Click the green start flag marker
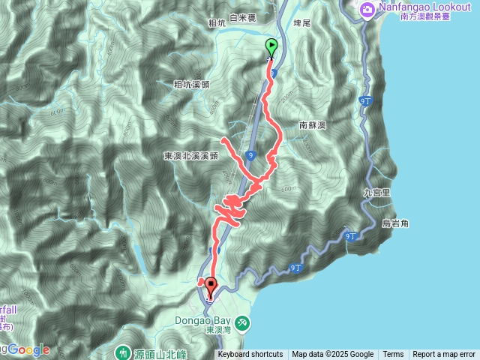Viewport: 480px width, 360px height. tap(271, 47)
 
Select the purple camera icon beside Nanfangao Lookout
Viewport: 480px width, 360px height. tap(367, 10)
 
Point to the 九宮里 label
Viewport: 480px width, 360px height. tap(377, 192)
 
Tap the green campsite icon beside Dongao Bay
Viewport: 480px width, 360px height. tap(241, 322)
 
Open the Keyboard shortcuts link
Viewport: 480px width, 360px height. tap(250, 355)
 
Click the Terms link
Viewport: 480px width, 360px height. tap(393, 355)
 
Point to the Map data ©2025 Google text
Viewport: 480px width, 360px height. tap(332, 355)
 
